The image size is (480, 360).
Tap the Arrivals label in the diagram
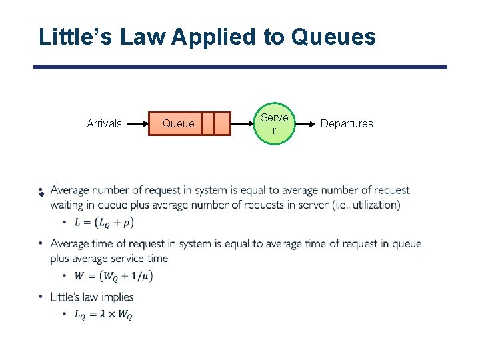[x=105, y=123]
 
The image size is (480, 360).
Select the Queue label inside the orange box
[x=179, y=123]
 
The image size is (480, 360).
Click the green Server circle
[x=275, y=124]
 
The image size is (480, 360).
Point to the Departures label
[x=347, y=123]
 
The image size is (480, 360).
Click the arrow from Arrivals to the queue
[x=137, y=124]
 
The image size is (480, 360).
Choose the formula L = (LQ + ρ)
[x=105, y=222]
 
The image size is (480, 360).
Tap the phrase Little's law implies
[x=92, y=297]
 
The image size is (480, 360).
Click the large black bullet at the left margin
[x=41, y=193]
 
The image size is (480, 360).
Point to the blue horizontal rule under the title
[x=240, y=67]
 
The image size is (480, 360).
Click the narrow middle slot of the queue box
[x=207, y=123]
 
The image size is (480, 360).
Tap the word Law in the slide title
[x=143, y=37]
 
